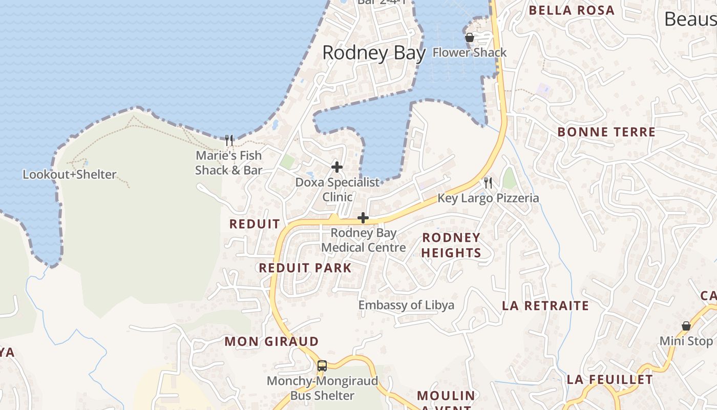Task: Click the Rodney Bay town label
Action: point(374,53)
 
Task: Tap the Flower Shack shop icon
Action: point(469,37)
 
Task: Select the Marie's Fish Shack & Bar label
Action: point(228,163)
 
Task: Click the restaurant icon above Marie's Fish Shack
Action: point(229,140)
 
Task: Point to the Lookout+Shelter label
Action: point(70,175)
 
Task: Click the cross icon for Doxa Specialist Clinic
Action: point(337,167)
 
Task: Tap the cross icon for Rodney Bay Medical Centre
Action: point(363,218)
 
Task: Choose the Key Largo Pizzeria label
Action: point(488,198)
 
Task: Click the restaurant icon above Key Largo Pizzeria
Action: point(488,182)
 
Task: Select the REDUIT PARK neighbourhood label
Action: point(305,268)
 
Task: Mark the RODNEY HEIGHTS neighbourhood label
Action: point(451,245)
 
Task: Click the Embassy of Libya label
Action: point(406,305)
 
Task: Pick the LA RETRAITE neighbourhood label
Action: point(545,306)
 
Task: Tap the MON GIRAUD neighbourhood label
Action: point(271,341)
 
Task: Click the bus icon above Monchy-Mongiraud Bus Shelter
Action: point(322,365)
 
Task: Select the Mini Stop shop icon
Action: point(686,326)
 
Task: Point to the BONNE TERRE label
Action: point(606,132)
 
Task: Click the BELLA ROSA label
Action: point(572,10)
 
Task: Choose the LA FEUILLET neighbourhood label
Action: point(609,380)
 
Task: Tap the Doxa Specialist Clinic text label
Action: point(338,190)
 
